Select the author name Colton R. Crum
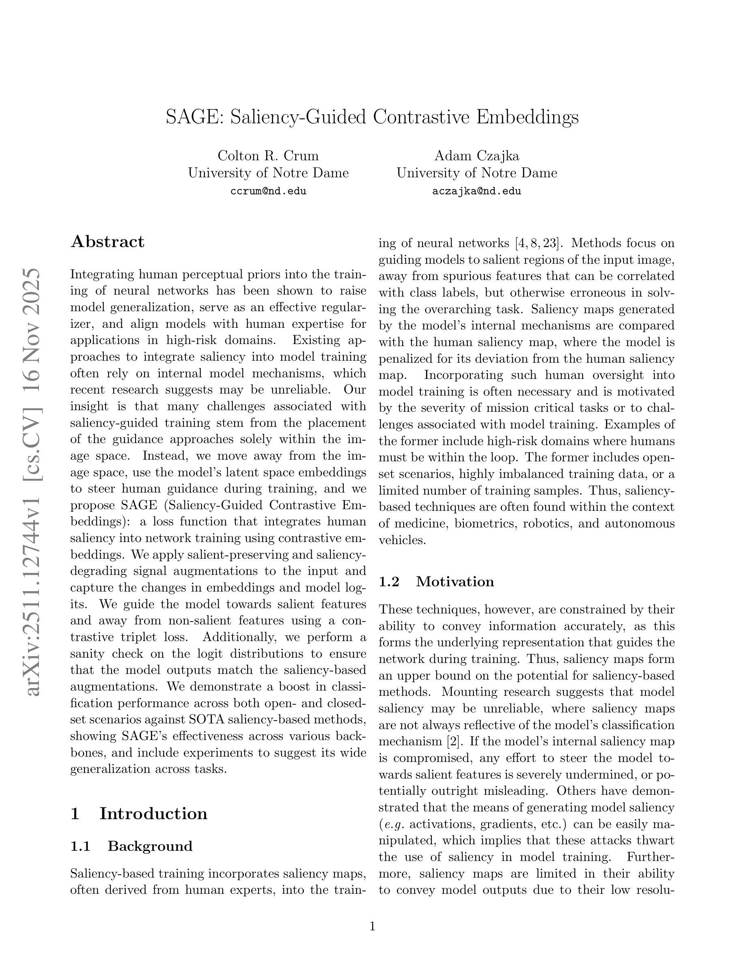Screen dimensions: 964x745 click(268, 156)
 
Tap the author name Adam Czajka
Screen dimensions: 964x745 click(477, 156)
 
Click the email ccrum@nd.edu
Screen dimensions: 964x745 click(268, 191)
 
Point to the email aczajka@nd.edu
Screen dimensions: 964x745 click(477, 191)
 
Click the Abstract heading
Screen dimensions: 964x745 click(107, 242)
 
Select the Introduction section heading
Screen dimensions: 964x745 click(153, 813)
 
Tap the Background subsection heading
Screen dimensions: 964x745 click(150, 846)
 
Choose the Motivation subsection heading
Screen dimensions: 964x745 click(454, 581)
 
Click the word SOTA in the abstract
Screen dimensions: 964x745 click(205, 719)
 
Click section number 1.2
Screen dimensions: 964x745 click(389, 582)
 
